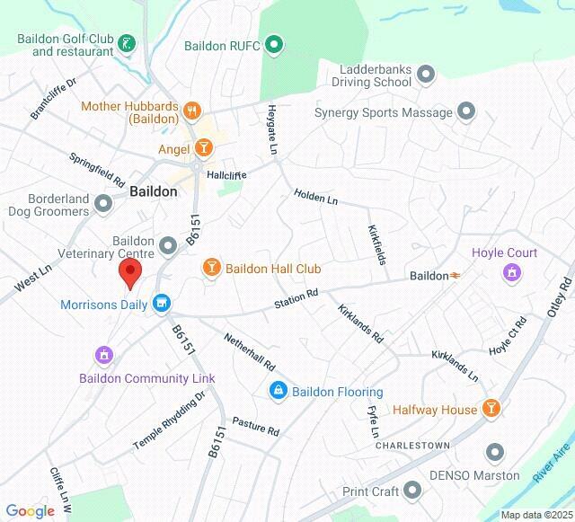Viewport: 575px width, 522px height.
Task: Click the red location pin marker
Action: pyautogui.click(x=130, y=272)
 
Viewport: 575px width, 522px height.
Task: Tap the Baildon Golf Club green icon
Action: pyautogui.click(x=128, y=42)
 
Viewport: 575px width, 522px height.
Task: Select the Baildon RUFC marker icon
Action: pyautogui.click(x=275, y=44)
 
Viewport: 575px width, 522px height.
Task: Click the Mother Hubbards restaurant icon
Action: pyautogui.click(x=190, y=111)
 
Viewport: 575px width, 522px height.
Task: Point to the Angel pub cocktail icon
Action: pyautogui.click(x=204, y=148)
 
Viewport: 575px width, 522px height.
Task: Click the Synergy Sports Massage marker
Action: pyautogui.click(x=465, y=112)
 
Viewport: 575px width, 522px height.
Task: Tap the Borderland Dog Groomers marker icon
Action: pyautogui.click(x=104, y=204)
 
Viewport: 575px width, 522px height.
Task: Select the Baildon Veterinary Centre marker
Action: pyautogui.click(x=168, y=245)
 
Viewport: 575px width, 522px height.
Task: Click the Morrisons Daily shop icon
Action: pyautogui.click(x=162, y=304)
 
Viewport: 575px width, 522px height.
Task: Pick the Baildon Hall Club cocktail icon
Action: pyautogui.click(x=211, y=268)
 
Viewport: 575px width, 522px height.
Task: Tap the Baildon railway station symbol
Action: pyautogui.click(x=456, y=276)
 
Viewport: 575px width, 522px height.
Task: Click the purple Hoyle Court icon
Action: pyautogui.click(x=512, y=271)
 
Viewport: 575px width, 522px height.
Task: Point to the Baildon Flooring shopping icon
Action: pyautogui.click(x=278, y=391)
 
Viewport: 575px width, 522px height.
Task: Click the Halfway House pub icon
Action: pyautogui.click(x=491, y=410)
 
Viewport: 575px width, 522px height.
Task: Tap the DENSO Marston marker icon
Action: pyautogui.click(x=494, y=453)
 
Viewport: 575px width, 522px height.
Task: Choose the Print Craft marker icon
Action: pyautogui.click(x=412, y=491)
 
